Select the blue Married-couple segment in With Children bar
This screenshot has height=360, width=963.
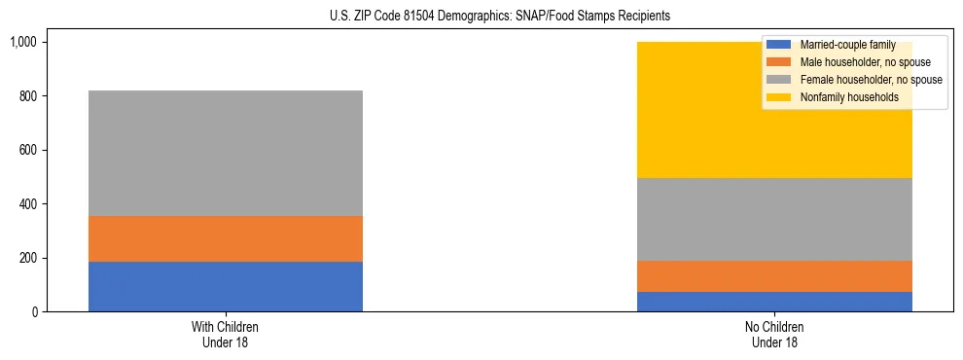[x=226, y=286]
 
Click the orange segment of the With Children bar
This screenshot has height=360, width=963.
[x=226, y=238]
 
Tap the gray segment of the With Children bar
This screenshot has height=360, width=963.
[x=226, y=153]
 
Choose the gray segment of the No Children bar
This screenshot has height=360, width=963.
[x=774, y=219]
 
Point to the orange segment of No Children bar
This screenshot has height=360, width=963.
[x=774, y=276]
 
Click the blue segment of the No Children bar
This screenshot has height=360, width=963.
[x=774, y=302]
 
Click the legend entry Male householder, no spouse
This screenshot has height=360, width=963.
[x=865, y=62]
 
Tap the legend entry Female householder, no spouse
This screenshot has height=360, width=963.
[x=870, y=80]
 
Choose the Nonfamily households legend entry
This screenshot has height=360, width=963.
[x=848, y=97]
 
